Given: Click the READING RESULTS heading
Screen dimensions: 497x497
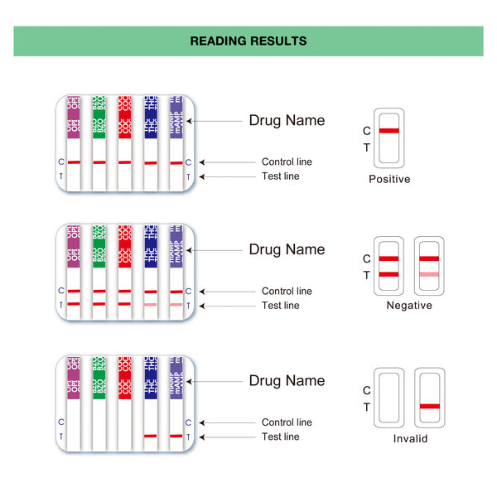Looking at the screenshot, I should coord(248,41).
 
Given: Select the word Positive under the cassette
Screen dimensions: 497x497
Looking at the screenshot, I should coord(389,179).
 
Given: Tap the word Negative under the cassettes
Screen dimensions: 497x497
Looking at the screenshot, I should coord(409,306).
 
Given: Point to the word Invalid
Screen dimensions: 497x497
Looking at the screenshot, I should coord(410,439).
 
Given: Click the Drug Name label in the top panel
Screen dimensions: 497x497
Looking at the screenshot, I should coord(287,120).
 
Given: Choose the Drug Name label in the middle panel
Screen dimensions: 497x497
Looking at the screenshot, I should coord(287,249).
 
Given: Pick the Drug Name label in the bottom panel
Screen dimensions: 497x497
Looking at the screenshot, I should coord(287,381).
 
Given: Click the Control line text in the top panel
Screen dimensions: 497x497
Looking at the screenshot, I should coord(287,162).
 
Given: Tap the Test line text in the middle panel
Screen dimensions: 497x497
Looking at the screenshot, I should coord(281,306).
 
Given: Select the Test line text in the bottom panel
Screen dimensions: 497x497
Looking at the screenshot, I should coord(281,437).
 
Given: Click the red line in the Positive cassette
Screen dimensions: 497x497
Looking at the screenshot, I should coord(389,131).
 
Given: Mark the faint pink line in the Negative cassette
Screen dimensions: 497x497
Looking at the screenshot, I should coord(429,273).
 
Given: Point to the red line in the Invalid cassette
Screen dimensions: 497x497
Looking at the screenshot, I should coord(429,406).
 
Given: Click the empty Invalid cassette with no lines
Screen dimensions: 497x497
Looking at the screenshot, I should coord(389,396).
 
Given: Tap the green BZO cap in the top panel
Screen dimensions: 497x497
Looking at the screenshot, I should coord(99,116).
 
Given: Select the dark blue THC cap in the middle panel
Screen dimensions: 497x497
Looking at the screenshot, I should coord(151,245).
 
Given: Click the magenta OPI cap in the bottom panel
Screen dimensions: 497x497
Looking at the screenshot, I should coord(74,378).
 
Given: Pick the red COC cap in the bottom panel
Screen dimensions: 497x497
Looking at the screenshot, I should coord(125,378).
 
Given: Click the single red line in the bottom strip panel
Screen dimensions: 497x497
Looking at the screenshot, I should coord(151,436).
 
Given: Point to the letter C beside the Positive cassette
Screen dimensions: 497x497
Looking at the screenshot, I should coord(367,131).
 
